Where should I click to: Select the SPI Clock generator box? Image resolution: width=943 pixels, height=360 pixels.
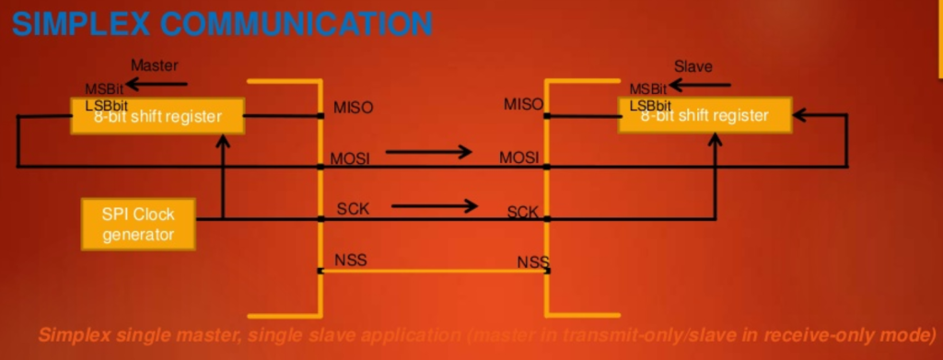138,224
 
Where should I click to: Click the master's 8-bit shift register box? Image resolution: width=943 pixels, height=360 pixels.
158,116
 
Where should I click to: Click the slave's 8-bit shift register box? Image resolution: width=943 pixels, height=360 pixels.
704,116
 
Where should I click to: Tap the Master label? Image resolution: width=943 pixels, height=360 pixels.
154,66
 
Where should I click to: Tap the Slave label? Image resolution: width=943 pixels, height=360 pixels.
693,66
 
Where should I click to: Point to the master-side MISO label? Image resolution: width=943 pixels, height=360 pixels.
353,108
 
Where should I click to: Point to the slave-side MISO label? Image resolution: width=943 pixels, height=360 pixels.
523,104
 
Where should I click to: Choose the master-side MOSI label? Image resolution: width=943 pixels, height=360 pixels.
350,158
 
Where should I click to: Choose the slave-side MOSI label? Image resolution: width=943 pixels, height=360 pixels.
518,158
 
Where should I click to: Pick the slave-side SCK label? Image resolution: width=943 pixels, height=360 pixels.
522,213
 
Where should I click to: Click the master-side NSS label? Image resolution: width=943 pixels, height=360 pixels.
350,260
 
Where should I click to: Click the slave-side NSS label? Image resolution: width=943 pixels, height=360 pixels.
533,262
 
